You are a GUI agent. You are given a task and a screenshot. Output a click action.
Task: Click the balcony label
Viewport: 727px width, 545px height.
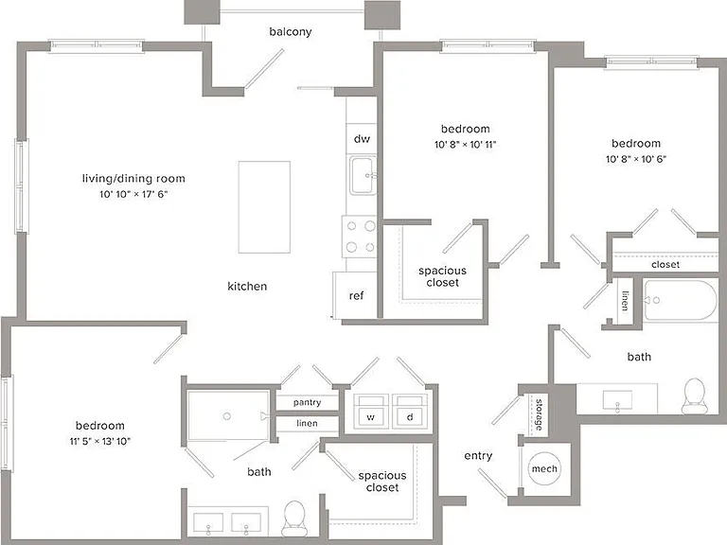pyautogui.click(x=291, y=31)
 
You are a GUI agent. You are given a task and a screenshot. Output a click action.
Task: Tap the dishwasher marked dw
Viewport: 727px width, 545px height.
pyautogui.click(x=362, y=138)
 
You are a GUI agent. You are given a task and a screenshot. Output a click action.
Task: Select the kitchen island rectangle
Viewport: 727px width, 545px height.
pyautogui.click(x=264, y=207)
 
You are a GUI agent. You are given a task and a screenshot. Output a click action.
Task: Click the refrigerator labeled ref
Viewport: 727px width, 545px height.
pyautogui.click(x=356, y=295)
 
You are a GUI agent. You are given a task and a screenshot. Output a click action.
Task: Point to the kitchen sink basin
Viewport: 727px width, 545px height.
pyautogui.click(x=363, y=176)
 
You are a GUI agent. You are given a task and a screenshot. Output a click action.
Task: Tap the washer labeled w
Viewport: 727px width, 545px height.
pyautogui.click(x=371, y=412)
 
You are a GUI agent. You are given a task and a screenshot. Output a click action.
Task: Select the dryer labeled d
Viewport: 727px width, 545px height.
pyautogui.click(x=410, y=412)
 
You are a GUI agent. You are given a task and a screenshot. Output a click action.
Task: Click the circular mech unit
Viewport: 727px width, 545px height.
pyautogui.click(x=544, y=468)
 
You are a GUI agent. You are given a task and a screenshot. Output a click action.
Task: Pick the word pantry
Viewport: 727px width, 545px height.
pyautogui.click(x=307, y=402)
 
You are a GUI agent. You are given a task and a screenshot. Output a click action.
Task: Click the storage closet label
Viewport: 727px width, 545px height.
pyautogui.click(x=539, y=414)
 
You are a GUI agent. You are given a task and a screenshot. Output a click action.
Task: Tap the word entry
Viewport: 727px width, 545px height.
pyautogui.click(x=478, y=455)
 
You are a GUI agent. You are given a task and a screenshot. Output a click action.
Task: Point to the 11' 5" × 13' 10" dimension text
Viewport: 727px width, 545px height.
pyautogui.click(x=100, y=441)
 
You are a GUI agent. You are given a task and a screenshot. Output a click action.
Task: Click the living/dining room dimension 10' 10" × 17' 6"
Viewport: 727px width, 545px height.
pyautogui.click(x=133, y=194)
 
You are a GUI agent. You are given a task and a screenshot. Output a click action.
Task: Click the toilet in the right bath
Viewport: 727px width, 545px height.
pyautogui.click(x=694, y=396)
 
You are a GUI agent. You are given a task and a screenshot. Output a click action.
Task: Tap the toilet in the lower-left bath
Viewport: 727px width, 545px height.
pyautogui.click(x=293, y=519)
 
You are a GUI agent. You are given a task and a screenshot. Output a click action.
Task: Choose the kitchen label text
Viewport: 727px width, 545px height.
pyautogui.click(x=247, y=286)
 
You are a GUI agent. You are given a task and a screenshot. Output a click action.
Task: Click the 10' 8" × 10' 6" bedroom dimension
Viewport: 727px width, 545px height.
pyautogui.click(x=636, y=159)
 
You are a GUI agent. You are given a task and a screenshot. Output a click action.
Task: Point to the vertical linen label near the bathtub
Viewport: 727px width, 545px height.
pyautogui.click(x=626, y=301)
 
